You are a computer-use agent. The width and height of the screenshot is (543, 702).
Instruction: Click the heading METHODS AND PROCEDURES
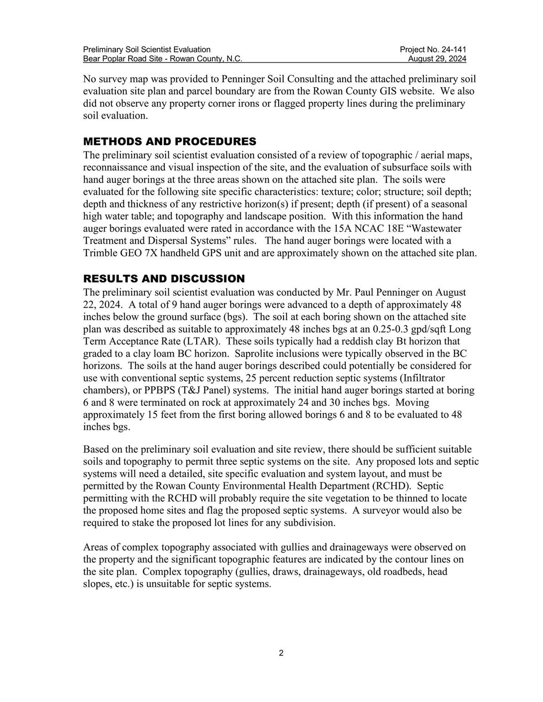click(x=169, y=141)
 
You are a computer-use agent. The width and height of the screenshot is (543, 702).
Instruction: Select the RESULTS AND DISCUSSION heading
click(x=164, y=279)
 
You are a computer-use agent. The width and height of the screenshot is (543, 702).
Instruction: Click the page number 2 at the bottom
click(x=281, y=653)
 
